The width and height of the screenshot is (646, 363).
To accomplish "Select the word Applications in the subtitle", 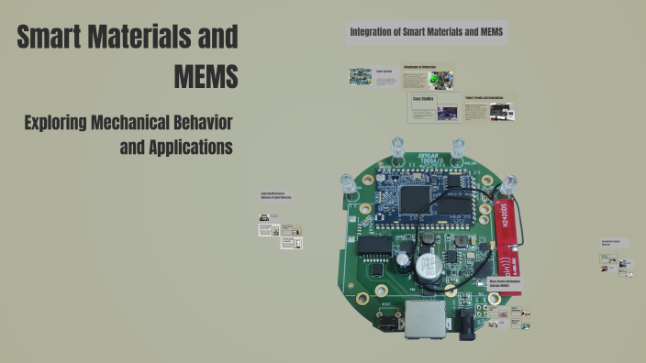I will (x=176, y=146).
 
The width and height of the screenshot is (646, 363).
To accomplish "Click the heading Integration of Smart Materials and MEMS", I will (x=427, y=33).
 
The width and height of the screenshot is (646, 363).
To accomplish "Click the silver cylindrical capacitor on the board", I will (x=425, y=267).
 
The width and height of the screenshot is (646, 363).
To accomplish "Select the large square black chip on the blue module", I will (x=418, y=195).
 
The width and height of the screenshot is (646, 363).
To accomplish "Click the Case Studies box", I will (x=434, y=107).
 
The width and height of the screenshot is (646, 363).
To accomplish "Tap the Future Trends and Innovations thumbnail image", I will (x=501, y=112).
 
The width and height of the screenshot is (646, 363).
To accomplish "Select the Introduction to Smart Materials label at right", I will (x=612, y=244).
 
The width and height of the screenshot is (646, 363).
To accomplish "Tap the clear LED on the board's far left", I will (x=349, y=184).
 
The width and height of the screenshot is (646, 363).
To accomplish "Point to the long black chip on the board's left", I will (x=374, y=246).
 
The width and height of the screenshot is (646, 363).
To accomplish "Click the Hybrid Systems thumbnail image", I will (x=361, y=76).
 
